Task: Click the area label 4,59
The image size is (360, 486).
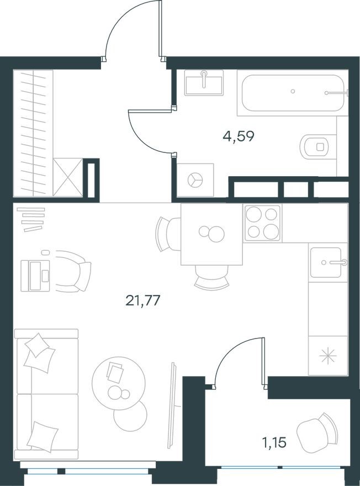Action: (239, 136)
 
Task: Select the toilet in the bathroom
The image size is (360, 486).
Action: (316, 146)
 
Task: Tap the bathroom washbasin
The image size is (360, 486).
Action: (204, 83)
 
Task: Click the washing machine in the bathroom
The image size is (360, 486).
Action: (195, 179)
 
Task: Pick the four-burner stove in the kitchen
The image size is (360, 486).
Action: (262, 223)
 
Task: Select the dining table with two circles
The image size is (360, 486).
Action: (211, 234)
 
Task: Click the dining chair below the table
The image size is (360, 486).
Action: (211, 276)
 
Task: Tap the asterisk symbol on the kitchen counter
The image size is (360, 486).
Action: (328, 356)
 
